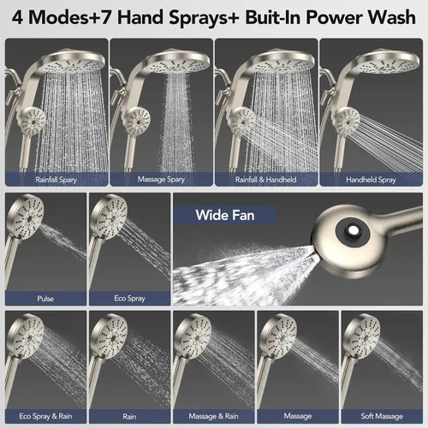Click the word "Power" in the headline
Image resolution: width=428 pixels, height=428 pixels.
[334, 17]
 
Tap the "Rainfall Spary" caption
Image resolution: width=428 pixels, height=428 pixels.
[56, 180]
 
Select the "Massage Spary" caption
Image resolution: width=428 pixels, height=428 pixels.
[161, 180]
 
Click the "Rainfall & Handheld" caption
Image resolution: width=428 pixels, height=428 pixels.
[266, 180]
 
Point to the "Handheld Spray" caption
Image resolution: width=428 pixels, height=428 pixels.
[371, 180]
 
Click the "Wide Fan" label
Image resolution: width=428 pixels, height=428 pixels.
[225, 215]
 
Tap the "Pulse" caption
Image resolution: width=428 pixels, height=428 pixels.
[45, 299]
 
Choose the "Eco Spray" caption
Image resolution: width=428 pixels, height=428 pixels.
[130, 299]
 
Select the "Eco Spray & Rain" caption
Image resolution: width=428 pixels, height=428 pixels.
[45, 416]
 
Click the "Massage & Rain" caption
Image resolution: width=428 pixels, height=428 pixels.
[213, 416]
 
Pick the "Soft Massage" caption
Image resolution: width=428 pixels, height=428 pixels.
[382, 416]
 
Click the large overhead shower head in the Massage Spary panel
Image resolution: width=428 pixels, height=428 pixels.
[177, 62]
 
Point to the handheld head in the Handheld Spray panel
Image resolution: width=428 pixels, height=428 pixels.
[346, 122]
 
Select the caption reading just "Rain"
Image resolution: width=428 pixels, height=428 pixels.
[129, 417]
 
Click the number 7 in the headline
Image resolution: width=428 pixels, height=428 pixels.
[105, 18]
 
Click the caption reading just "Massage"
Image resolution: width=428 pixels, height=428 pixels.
[298, 417]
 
